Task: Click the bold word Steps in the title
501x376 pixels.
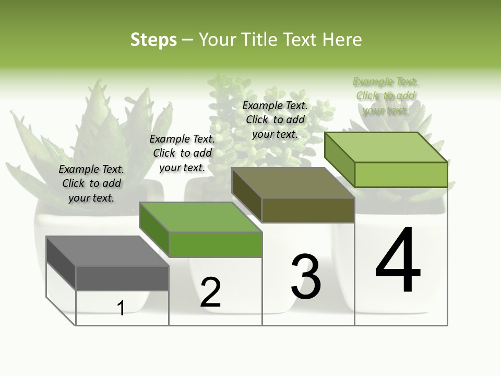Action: [x=153, y=40]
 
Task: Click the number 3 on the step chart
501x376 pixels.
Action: [x=305, y=277]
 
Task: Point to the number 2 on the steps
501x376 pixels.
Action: [x=210, y=292]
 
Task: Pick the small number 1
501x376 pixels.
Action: [x=121, y=308]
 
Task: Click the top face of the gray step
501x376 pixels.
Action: [x=107, y=251]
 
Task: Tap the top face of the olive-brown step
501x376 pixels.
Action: [x=293, y=183]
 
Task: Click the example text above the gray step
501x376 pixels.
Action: [x=91, y=183]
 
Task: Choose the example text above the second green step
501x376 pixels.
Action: [x=182, y=153]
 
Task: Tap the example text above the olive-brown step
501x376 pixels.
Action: [x=275, y=120]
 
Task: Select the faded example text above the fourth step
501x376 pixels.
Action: [x=385, y=96]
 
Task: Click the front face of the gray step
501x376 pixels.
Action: [x=122, y=278]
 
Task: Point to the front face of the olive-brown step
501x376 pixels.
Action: [x=308, y=210]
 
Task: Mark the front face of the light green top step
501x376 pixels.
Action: [x=401, y=174]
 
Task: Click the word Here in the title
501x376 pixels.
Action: [x=342, y=40]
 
